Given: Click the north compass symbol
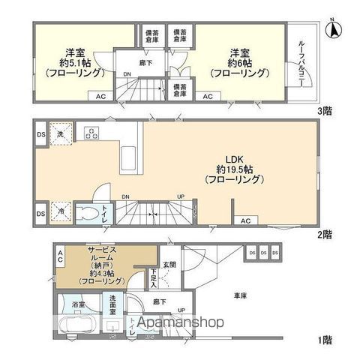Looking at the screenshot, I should click(x=333, y=31).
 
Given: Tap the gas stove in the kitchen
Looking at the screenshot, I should click(x=91, y=134).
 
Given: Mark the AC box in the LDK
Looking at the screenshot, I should click(x=244, y=220).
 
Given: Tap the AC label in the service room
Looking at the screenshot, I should click(x=60, y=258).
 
